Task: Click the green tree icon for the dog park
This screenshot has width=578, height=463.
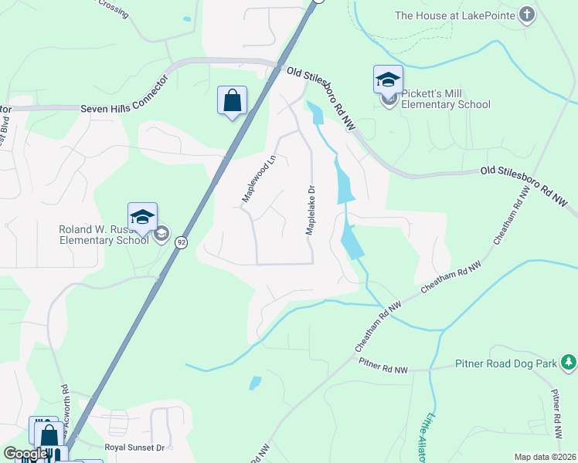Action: (569, 361)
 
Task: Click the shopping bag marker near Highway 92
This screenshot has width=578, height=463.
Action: (232, 100)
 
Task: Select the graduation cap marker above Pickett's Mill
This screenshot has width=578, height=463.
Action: (388, 79)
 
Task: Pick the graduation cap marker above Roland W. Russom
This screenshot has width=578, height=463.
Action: (142, 217)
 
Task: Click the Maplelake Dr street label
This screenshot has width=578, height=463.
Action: (311, 210)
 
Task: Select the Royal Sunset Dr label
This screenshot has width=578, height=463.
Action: (134, 447)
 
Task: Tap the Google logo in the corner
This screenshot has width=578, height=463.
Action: (25, 454)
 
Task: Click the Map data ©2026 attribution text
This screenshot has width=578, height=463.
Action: (545, 457)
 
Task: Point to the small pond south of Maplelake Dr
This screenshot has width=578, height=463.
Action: (255, 382)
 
